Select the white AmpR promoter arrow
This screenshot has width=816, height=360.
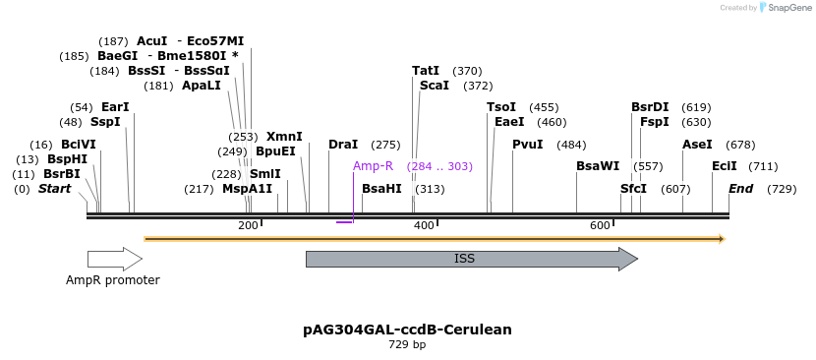(114, 259)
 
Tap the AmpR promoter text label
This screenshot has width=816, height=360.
(112, 280)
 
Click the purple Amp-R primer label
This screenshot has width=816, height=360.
(373, 166)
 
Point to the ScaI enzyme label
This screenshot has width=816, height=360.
(434, 86)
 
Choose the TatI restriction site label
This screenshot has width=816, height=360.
(426, 71)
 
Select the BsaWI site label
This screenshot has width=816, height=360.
(598, 166)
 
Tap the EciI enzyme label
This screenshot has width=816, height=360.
(725, 166)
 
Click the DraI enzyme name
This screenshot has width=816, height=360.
(343, 145)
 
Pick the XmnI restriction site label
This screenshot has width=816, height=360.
(284, 137)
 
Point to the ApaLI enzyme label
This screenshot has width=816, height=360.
(202, 86)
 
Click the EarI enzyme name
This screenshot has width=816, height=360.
(115, 107)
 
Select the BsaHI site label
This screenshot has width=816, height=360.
(381, 189)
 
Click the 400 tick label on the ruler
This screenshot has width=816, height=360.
(424, 226)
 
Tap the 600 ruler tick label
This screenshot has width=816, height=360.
(600, 226)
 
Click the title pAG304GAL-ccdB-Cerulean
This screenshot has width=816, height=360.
(407, 330)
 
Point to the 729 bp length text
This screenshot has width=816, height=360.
(407, 345)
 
